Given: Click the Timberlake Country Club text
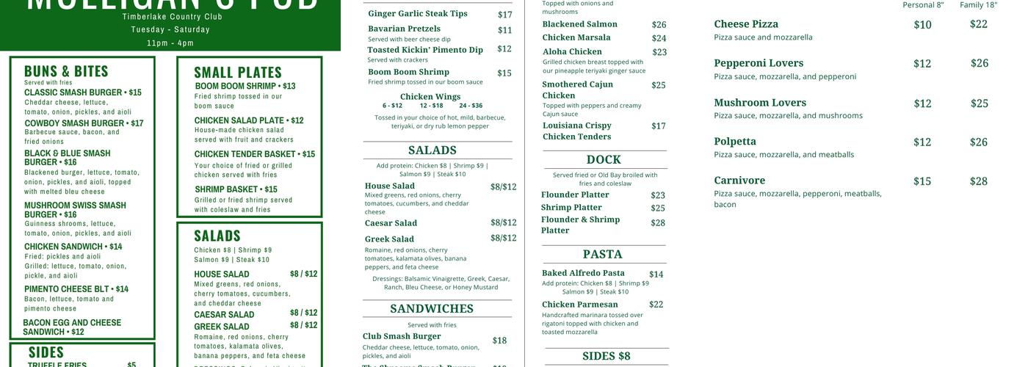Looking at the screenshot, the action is pos(172,16).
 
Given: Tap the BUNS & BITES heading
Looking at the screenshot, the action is pos(66,71).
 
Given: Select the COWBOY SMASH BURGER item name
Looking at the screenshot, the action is pos(84,123).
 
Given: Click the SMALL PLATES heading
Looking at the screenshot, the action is pos(238,72).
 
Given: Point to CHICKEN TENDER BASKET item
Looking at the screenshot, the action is pos(254,154).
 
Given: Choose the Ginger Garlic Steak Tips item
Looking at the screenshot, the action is pos(418,13).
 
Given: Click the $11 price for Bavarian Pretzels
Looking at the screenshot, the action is pos(504,30).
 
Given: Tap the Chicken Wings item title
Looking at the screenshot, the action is pos(430,96).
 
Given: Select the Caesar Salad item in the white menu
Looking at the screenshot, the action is pos(391,223).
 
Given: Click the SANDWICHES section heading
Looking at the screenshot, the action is pos(432,308).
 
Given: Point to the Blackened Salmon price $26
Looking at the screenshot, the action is pos(659,25).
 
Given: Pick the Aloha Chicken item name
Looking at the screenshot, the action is pos(572,51).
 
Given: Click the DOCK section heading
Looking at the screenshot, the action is pos(604,159).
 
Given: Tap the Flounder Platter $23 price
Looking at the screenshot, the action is pos(657,195).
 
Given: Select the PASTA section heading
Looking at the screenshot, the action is pos(602,254).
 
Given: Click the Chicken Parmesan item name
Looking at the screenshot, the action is pos(580,305).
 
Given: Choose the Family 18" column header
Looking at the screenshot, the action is pos(978,5).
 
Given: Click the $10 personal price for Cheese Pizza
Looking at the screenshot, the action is pos(922,25).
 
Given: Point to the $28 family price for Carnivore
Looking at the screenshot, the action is pos(978,181).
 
